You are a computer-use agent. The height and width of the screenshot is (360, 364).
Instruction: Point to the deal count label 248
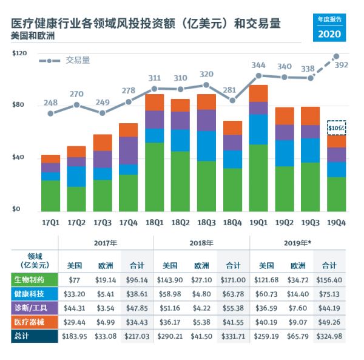(x=51, y=102)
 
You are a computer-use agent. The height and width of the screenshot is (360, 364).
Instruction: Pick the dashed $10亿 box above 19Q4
(x=337, y=127)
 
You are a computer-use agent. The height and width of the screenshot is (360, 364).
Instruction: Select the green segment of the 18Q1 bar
(x=154, y=176)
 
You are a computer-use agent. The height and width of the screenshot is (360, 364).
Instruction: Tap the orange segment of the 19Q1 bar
(x=258, y=93)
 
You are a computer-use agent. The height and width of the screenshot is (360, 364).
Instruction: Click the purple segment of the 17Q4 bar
(x=128, y=150)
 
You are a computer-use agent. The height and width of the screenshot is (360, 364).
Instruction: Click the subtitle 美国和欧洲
(x=33, y=36)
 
